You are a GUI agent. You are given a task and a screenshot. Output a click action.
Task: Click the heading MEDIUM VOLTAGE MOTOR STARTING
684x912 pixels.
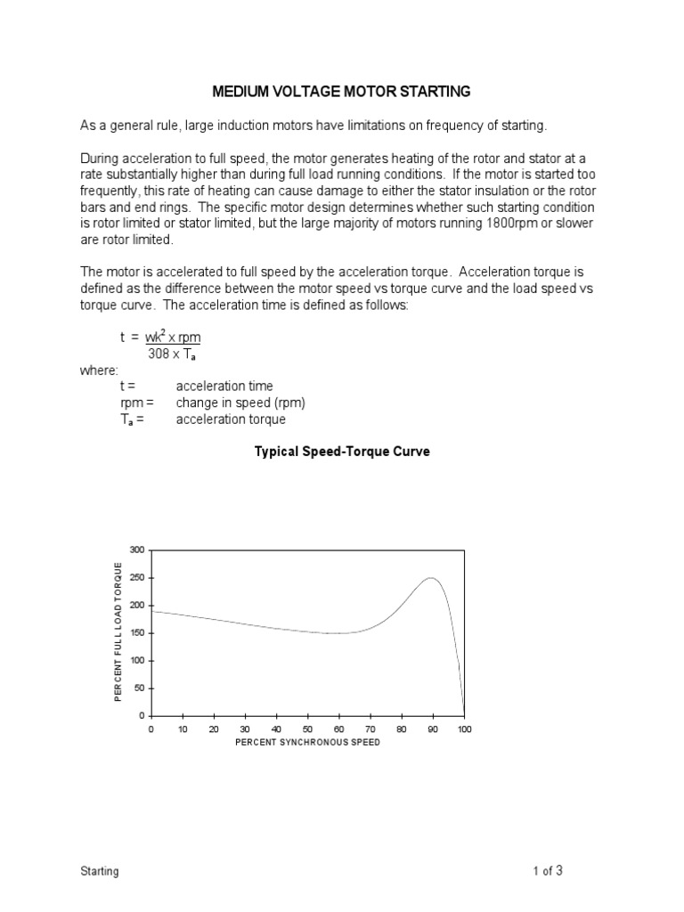click(341, 91)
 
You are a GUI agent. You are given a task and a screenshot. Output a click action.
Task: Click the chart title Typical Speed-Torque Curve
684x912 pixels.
click(342, 452)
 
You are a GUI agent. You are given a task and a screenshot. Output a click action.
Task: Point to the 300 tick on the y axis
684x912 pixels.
click(135, 550)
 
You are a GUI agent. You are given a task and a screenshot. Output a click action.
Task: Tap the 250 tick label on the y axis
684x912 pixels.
click(135, 577)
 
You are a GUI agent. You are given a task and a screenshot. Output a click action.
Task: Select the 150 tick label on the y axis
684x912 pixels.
click(135, 633)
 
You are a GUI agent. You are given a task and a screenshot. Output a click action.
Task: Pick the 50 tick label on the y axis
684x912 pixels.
click(137, 688)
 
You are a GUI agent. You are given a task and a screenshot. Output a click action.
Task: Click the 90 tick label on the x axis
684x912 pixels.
click(433, 729)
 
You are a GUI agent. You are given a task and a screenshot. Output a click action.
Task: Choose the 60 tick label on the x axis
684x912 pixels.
click(339, 729)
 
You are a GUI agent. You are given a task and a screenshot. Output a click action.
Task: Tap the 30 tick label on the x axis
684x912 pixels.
click(245, 729)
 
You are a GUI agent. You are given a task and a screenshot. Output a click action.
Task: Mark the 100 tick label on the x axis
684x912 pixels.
click(464, 729)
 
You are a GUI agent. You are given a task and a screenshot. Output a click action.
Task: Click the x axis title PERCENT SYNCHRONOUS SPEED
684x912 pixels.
click(307, 742)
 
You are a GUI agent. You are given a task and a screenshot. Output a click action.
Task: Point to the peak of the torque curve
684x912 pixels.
click(432, 578)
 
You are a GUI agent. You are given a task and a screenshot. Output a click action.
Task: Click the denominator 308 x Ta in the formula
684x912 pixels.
click(177, 354)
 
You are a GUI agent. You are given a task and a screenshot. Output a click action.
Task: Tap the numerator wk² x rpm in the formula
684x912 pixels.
click(179, 338)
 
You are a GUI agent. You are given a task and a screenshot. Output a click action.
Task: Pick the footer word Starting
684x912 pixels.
click(100, 871)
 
